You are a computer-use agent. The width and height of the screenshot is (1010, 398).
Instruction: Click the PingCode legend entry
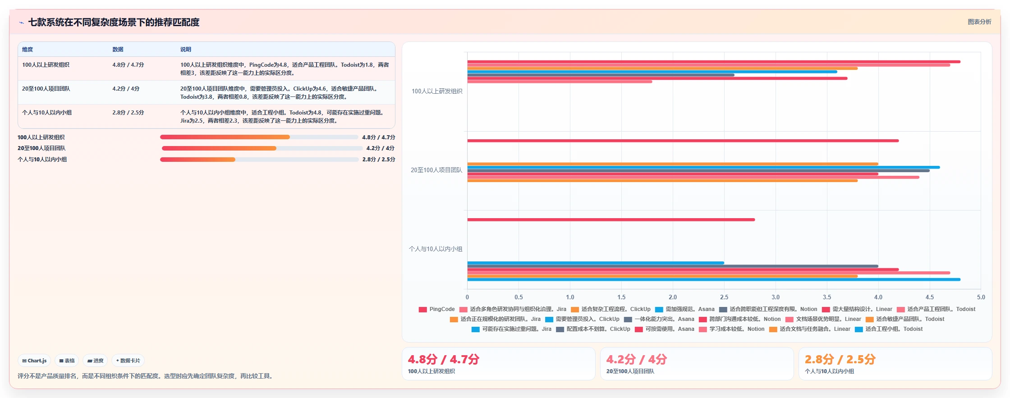(436, 309)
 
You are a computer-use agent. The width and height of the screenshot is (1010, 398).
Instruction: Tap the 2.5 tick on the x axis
(724, 297)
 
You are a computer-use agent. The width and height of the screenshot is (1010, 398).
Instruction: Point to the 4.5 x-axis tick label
(930, 297)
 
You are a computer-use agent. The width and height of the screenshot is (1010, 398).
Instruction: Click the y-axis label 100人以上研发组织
(437, 91)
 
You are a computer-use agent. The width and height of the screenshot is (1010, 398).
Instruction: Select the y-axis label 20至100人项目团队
(436, 170)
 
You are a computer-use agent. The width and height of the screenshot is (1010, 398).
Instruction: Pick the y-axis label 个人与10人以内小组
(436, 249)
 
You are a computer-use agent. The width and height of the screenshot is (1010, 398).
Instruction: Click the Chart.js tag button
(34, 361)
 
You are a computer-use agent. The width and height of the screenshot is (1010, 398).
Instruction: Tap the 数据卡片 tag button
(128, 361)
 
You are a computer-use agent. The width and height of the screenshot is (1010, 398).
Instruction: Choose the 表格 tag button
(67, 361)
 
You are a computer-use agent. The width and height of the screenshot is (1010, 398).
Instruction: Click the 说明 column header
(186, 50)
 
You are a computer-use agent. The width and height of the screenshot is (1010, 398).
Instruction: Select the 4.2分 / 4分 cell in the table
(126, 89)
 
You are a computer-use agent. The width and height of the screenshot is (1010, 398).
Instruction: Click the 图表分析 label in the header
(979, 22)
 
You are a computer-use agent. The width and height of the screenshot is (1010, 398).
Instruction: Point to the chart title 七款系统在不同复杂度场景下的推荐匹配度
(114, 22)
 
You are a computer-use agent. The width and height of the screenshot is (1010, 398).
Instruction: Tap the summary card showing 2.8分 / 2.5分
(895, 364)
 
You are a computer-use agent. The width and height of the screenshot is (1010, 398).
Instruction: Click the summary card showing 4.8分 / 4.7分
(498, 364)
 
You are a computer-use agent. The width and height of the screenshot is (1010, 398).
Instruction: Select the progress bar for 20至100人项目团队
(262, 148)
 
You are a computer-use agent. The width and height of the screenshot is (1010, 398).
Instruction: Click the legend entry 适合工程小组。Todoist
(889, 329)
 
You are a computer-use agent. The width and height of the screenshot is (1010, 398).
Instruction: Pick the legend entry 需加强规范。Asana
(684, 309)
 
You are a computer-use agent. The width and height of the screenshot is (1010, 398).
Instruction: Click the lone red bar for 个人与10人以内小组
(611, 220)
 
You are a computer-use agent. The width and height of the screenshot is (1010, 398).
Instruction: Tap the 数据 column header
(118, 50)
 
